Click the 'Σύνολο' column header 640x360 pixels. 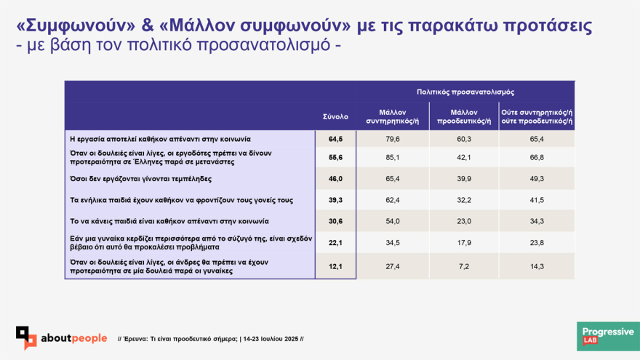[335, 117]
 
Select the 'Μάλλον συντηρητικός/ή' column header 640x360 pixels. [392, 117]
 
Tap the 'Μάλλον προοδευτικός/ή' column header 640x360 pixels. [464, 117]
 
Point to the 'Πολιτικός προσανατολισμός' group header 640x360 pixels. [465, 92]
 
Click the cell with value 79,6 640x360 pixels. [393, 139]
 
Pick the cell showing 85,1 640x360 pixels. [393, 158]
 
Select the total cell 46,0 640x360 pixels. [335, 179]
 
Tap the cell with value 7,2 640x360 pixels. [464, 266]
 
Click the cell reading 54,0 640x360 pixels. [393, 221]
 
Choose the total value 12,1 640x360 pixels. [335, 266]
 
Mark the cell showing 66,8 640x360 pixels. [537, 158]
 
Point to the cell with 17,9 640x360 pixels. [464, 243]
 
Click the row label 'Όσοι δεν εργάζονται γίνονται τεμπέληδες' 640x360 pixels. [141, 179]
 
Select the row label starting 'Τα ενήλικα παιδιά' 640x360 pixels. [182, 200]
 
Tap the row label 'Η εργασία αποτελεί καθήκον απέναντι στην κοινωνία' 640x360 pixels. [161, 139]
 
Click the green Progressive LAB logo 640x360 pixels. [608, 336]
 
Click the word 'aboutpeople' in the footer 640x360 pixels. [74, 338]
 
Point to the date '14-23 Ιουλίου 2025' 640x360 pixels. [271, 339]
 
